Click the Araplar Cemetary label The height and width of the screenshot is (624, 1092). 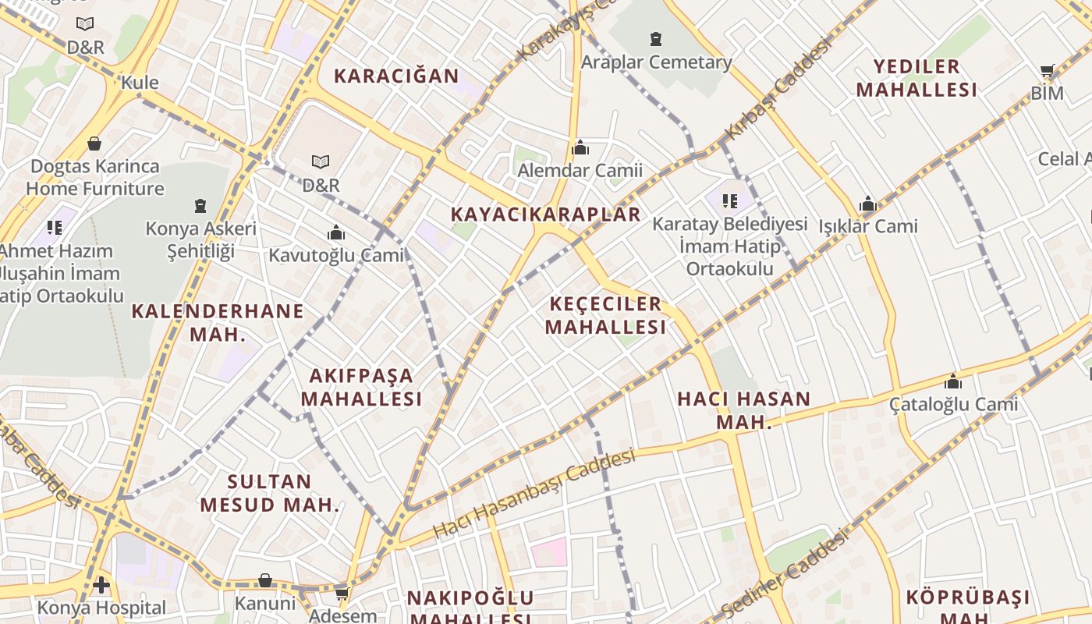[x=656, y=62]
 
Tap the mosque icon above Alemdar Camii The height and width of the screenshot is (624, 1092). [x=580, y=148]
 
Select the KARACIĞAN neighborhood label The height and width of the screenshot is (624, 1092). [x=396, y=76]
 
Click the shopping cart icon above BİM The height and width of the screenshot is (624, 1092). [x=1048, y=71]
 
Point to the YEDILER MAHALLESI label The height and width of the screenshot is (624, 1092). [x=916, y=78]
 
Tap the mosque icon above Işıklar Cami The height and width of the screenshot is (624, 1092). [x=868, y=205]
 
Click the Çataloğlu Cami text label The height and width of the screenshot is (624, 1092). [x=953, y=404]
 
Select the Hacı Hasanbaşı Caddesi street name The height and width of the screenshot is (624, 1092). [x=534, y=493]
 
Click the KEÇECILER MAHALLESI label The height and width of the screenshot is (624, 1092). [x=605, y=315]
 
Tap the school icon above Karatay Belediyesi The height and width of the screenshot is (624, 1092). [x=730, y=202]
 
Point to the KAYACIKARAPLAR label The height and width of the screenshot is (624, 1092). [x=546, y=214]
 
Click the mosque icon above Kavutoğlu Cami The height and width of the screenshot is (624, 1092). [x=336, y=233]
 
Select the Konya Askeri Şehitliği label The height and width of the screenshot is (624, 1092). [x=200, y=239]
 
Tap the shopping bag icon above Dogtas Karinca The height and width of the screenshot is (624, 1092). [x=94, y=144]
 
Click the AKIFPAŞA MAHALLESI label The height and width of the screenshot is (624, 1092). [x=361, y=387]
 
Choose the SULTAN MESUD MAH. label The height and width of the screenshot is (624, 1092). [x=270, y=492]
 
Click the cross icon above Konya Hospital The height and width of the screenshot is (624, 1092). [x=101, y=584]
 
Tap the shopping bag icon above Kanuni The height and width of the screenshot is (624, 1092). [x=265, y=581]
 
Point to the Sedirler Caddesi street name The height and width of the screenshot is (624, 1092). [x=784, y=573]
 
